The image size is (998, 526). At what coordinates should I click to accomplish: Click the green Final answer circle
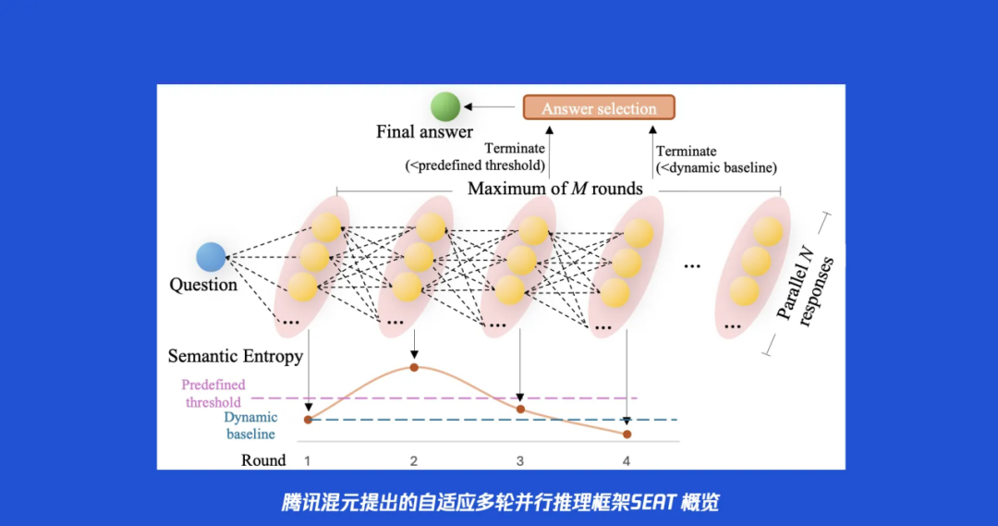pos(444,106)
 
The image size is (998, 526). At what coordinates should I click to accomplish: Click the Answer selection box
pos(599,107)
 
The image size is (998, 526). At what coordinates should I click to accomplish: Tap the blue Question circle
pos(211,257)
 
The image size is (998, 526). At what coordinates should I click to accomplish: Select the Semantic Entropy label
pos(236,356)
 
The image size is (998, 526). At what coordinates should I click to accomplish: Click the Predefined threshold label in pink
pos(213,394)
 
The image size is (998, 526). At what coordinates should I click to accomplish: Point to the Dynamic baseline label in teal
pos(250,425)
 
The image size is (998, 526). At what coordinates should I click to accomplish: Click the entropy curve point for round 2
pos(414,367)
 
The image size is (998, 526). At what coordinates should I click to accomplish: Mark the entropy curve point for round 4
pos(627,434)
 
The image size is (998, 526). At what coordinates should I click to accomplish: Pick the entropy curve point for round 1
pos(308,420)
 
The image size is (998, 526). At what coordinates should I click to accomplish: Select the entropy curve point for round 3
pos(520,409)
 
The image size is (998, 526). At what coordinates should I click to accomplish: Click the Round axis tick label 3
pos(520,461)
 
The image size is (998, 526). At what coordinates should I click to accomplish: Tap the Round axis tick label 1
pos(308,461)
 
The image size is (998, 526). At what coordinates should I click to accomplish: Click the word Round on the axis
pos(263,460)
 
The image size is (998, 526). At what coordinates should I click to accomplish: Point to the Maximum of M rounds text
pos(555,189)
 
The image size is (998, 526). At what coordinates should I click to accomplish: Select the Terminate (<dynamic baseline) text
pos(716,159)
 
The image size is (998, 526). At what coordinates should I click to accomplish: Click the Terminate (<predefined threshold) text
pos(476,156)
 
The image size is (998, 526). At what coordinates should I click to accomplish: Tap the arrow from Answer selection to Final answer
pos(489,107)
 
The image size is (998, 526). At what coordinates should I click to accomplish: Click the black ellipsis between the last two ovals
pos(692,266)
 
